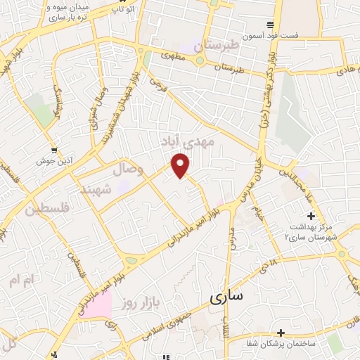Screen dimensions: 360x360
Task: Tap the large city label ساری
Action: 226,297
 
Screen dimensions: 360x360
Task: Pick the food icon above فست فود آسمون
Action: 301,25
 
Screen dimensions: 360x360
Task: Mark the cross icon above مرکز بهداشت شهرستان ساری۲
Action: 310,216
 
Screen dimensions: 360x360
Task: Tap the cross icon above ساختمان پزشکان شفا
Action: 281,332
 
